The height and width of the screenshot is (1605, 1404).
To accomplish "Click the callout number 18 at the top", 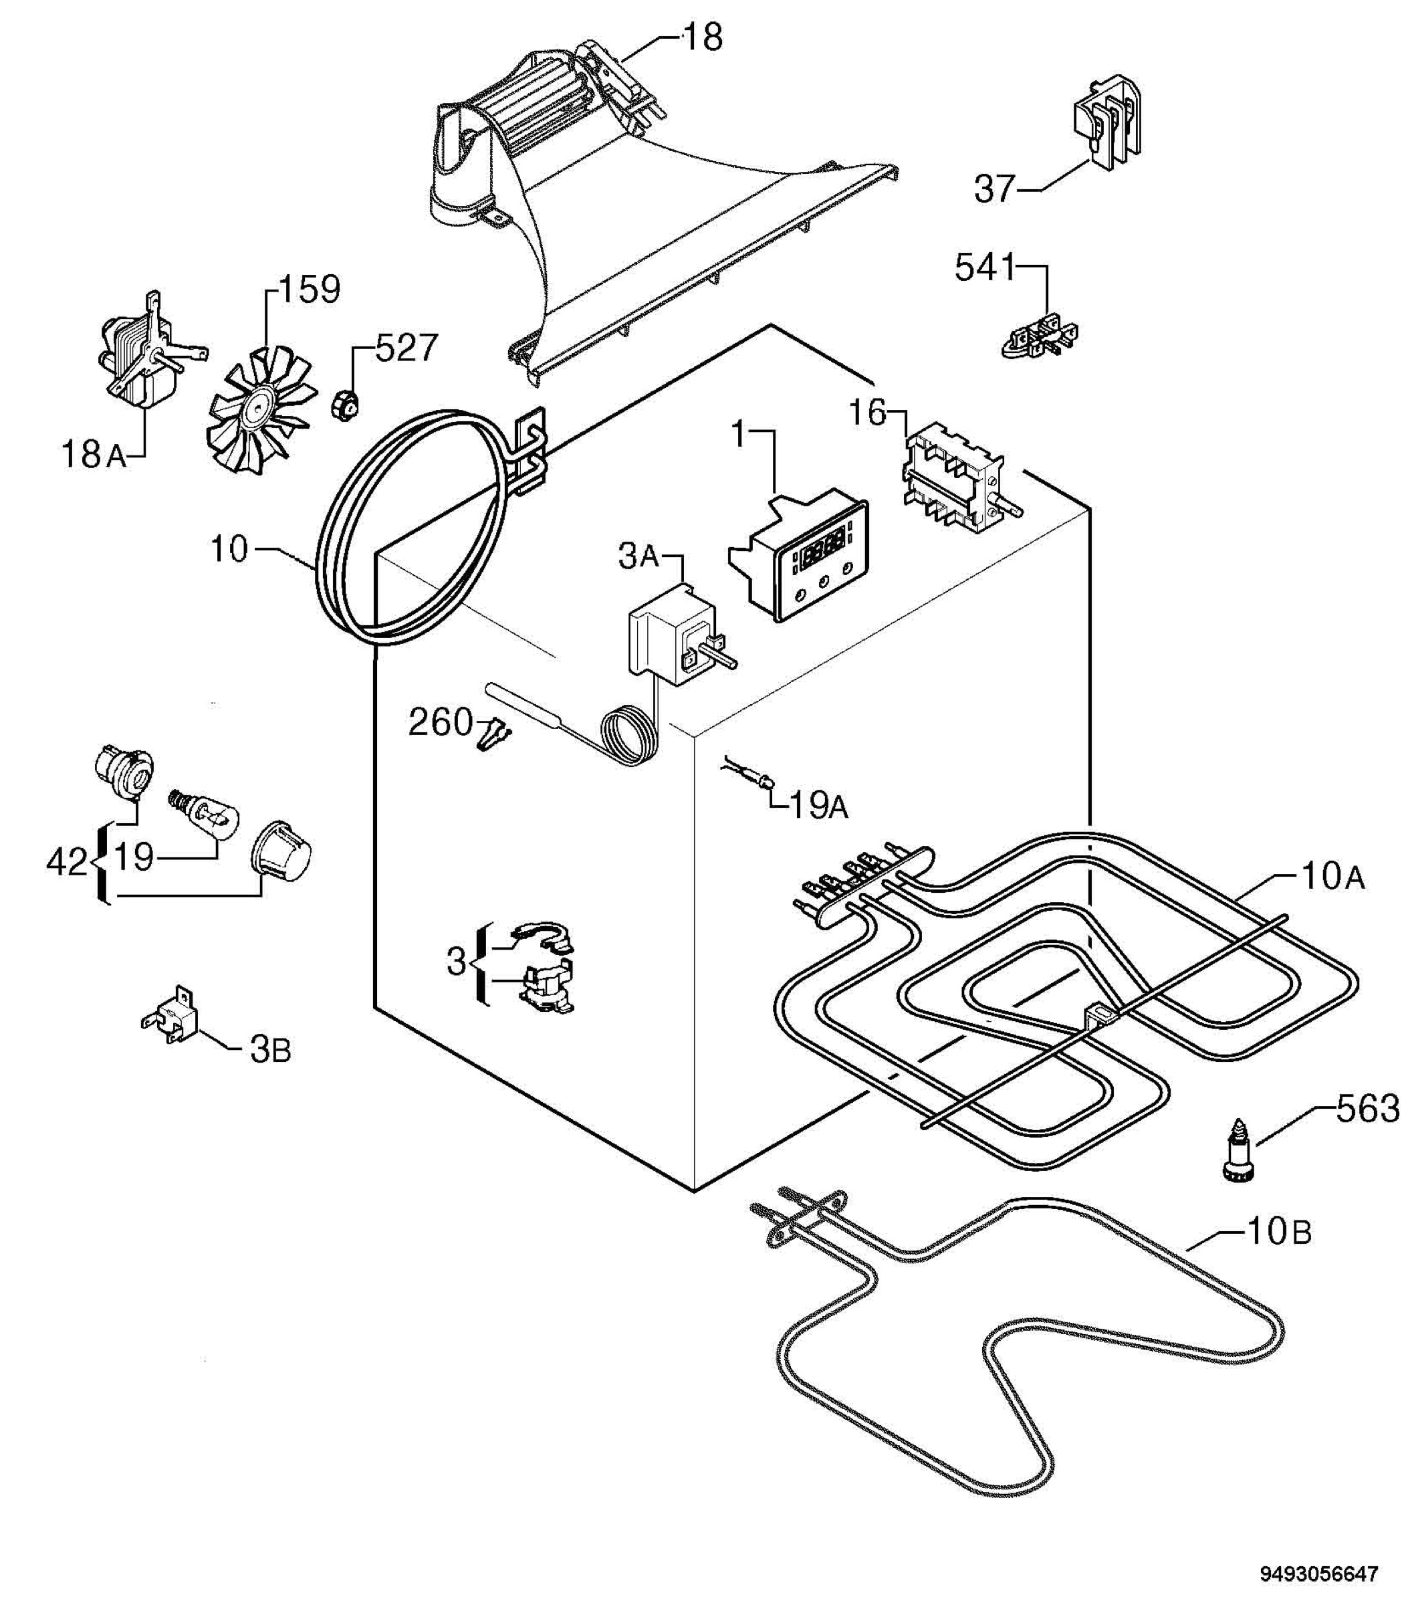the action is [703, 37].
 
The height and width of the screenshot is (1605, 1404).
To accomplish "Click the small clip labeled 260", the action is [493, 734].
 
